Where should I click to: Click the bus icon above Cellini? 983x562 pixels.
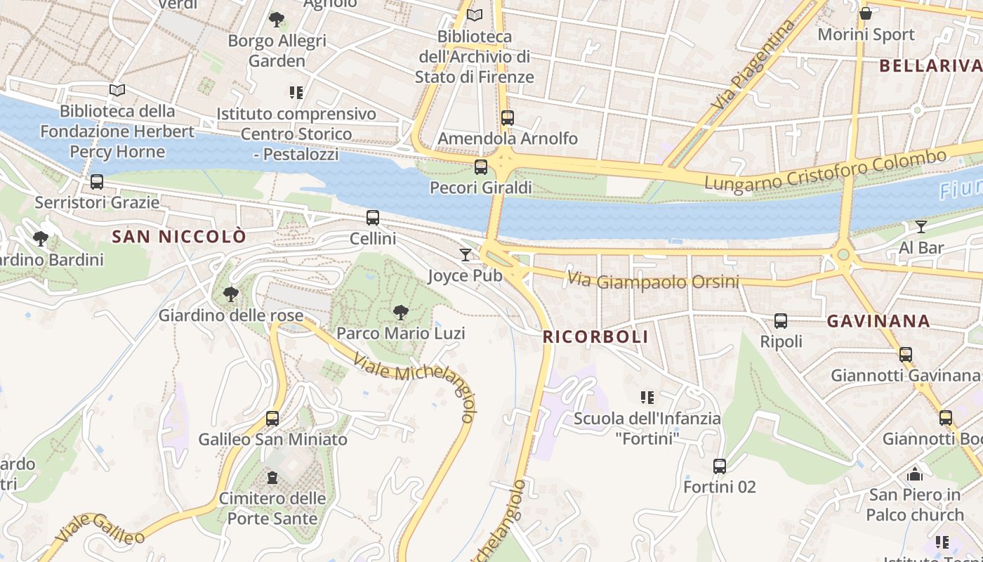(x=373, y=218)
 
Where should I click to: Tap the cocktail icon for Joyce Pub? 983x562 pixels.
(x=466, y=254)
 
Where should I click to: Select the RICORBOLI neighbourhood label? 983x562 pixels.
(x=595, y=337)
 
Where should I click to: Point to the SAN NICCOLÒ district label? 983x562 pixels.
(x=179, y=237)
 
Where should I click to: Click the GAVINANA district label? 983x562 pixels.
(x=878, y=322)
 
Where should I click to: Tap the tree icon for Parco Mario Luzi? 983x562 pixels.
(x=401, y=312)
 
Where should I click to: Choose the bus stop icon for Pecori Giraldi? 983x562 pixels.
(x=481, y=167)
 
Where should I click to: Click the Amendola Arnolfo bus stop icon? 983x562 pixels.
(x=508, y=118)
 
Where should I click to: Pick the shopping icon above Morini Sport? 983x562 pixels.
(x=866, y=13)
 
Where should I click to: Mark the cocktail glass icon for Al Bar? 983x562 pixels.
(x=921, y=226)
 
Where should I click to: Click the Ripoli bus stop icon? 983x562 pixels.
(x=781, y=321)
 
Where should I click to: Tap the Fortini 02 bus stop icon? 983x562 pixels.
(x=720, y=466)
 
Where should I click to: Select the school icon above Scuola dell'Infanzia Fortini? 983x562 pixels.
(x=647, y=398)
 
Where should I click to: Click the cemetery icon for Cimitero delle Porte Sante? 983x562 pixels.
(x=272, y=478)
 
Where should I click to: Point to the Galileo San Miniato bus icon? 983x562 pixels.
(x=272, y=419)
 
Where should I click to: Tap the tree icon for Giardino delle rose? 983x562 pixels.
(x=230, y=294)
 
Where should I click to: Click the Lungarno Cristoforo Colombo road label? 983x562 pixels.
(x=825, y=171)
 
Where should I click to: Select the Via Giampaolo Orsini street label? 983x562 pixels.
(x=653, y=281)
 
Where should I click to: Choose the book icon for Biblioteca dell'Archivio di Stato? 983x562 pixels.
(x=475, y=15)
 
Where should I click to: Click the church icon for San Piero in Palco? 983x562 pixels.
(x=914, y=474)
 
